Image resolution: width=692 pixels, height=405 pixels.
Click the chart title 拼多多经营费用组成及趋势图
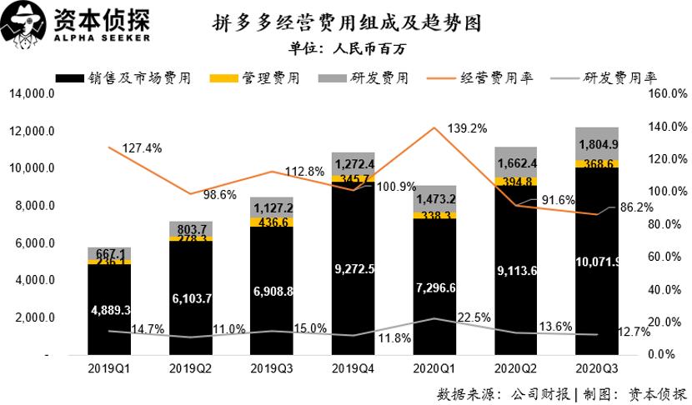click(347, 21)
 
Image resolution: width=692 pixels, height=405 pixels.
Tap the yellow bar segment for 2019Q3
click(272, 222)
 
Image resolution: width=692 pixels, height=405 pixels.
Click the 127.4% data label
click(142, 147)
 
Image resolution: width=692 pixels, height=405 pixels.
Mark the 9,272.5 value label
click(354, 268)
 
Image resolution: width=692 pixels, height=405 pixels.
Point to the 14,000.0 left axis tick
click(32, 94)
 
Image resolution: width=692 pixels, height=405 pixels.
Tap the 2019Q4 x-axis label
click(353, 368)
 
